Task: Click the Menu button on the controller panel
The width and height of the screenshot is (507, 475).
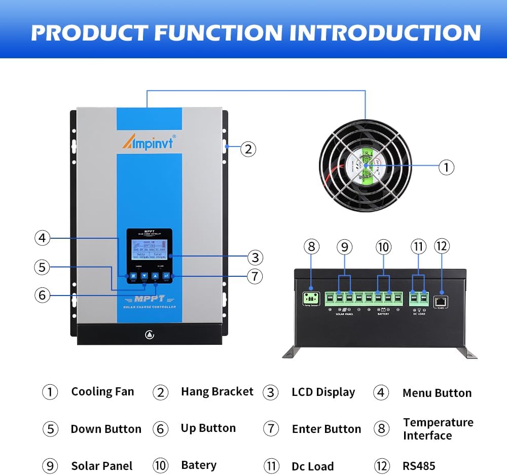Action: click(x=133, y=276)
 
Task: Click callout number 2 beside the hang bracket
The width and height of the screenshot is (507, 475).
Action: click(x=247, y=149)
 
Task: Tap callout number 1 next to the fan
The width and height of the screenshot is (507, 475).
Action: click(x=446, y=167)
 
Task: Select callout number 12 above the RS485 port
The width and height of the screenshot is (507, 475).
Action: click(x=442, y=246)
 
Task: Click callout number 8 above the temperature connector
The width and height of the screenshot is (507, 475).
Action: click(x=312, y=247)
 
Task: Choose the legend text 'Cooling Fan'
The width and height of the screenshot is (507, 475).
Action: click(x=102, y=391)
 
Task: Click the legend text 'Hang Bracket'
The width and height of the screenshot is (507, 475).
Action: click(x=217, y=391)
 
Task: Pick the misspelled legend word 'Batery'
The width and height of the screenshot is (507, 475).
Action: click(x=199, y=465)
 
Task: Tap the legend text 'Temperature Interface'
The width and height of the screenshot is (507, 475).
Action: click(x=438, y=429)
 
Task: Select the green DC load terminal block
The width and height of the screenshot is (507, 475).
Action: click(x=419, y=298)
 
